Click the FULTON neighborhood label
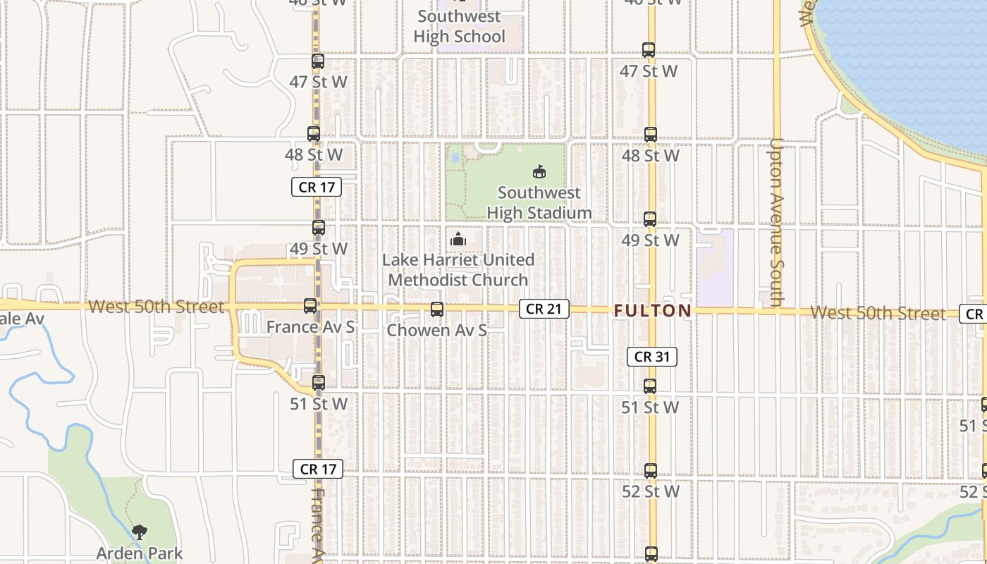point(653,311)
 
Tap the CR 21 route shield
point(544,309)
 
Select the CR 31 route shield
point(652,357)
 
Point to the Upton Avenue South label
point(776,222)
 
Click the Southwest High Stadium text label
point(539,203)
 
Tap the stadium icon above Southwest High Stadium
point(539,171)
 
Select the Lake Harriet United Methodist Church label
point(458,270)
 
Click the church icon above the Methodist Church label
point(458,240)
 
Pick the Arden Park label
point(140,554)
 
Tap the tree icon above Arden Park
point(140,532)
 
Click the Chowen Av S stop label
point(437,330)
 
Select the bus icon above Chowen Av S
point(437,309)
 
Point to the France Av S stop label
point(310,327)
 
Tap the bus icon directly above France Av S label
point(310,306)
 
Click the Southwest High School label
point(460,26)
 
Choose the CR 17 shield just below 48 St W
point(317,187)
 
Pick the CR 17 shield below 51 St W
point(318,469)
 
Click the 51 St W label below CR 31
point(650,407)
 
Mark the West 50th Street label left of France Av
point(157,307)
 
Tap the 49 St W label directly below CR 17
point(319,249)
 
